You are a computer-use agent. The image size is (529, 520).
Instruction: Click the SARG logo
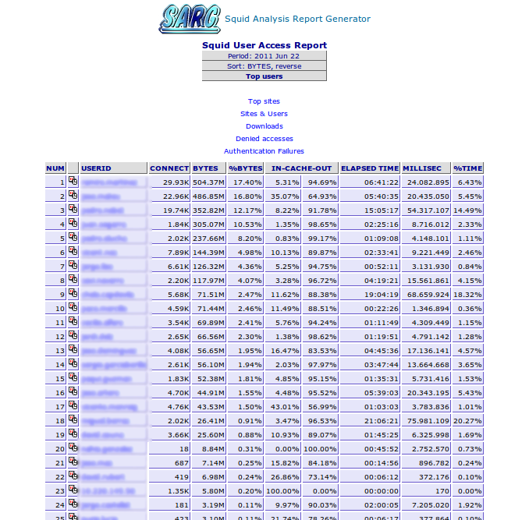[x=188, y=19]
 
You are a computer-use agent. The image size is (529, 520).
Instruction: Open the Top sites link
[x=264, y=101]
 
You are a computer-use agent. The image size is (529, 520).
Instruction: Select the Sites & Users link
[x=264, y=114]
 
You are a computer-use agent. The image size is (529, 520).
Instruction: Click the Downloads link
[x=264, y=126]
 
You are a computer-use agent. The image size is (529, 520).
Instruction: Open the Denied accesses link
[x=264, y=139]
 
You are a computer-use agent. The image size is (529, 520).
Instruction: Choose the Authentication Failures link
[x=264, y=151]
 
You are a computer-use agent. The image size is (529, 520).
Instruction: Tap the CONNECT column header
[x=169, y=168]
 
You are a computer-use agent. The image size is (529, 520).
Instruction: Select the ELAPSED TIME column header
[x=370, y=168]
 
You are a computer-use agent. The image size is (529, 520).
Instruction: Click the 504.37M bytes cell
[x=208, y=182]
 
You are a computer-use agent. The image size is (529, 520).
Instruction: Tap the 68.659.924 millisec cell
[x=427, y=295]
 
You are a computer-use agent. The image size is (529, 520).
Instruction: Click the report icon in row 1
[x=73, y=182]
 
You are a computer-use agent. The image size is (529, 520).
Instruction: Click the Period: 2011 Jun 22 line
[x=264, y=56]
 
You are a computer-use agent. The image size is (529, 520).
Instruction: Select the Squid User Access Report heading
[x=264, y=45]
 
